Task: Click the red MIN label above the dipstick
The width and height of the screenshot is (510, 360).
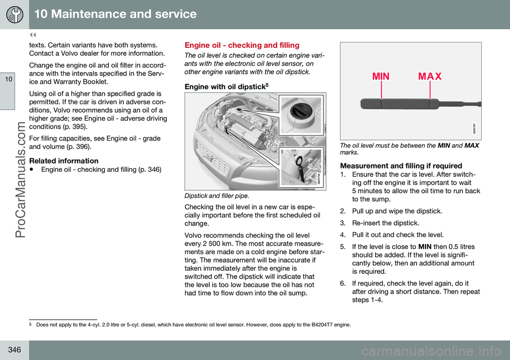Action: coord(381,76)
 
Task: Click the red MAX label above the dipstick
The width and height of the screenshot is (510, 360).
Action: coord(430,76)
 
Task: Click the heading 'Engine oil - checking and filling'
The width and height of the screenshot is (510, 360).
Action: coord(242,46)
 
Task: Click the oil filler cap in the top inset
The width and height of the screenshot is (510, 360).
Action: coord(299,113)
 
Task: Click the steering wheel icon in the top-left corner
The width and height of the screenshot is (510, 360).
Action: coord(14,14)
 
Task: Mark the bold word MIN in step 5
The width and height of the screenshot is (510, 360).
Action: coord(426,246)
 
